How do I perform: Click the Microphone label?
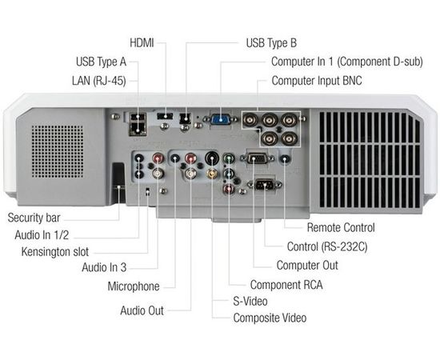point(134,286)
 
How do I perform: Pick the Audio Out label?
point(143,310)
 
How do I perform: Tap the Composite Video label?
point(270,318)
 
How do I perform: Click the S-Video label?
point(250,302)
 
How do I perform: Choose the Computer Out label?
point(307,265)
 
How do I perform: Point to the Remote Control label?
point(341,227)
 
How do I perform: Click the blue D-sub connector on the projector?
point(221,119)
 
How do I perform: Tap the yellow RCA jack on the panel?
point(211,172)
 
